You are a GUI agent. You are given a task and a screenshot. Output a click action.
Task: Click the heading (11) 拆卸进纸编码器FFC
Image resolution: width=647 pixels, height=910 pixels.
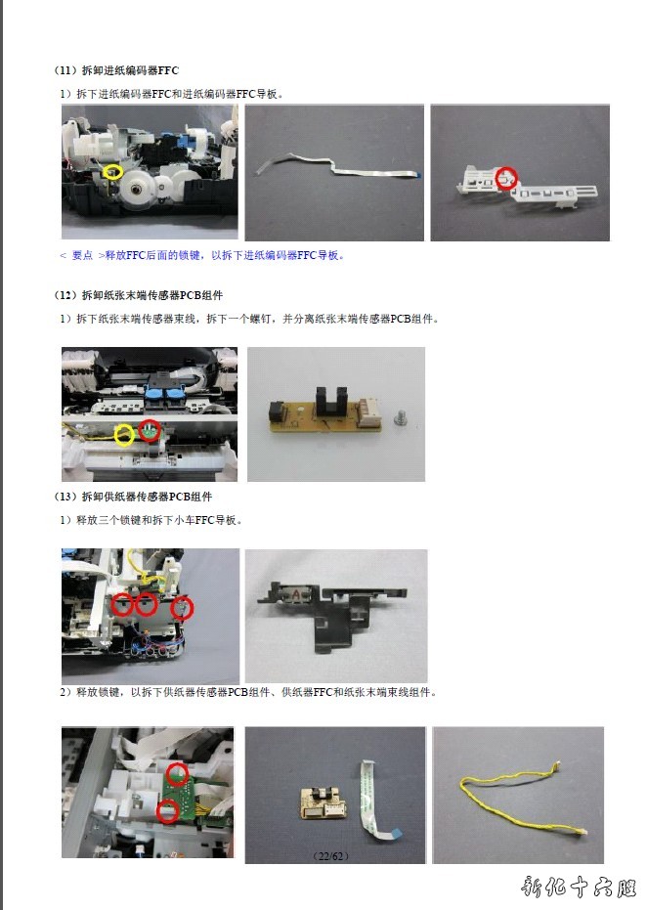(116, 70)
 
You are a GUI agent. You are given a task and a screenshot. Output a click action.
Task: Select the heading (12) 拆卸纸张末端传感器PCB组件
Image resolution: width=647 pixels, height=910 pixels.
(138, 295)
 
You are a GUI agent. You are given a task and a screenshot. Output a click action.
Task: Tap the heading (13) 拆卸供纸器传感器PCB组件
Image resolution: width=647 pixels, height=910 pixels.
(133, 497)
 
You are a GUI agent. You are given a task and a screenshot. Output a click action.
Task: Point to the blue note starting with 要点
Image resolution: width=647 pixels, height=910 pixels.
(202, 255)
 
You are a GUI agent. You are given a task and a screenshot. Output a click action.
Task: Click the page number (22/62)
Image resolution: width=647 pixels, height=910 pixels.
(331, 856)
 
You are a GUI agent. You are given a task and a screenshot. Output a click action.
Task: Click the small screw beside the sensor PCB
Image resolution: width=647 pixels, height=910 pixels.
(400, 417)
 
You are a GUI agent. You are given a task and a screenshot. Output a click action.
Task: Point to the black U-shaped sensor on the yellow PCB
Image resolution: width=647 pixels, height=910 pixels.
(329, 402)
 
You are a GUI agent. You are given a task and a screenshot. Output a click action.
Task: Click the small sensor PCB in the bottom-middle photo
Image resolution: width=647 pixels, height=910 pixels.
(323, 802)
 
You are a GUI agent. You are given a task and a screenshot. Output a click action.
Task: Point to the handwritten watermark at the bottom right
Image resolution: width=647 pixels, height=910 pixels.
(579, 887)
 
